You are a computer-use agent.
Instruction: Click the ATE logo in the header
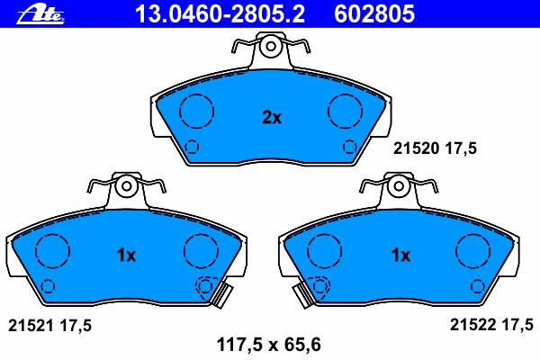40,14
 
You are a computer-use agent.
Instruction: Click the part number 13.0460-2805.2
220,14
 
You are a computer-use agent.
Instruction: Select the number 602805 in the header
374,14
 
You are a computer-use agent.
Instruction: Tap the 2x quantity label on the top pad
272,118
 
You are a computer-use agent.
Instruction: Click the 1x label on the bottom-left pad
126,256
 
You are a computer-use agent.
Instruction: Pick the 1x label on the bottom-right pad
400,256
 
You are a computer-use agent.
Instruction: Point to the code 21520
417,148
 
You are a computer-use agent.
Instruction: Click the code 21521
31,325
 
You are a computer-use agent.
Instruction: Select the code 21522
473,325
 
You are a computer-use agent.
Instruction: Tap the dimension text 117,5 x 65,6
268,345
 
